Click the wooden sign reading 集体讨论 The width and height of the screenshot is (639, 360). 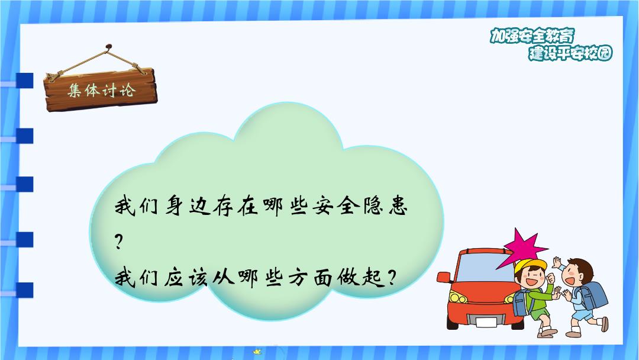(101, 89)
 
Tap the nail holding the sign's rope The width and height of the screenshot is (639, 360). (108, 47)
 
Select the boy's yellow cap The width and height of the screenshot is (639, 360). (530, 265)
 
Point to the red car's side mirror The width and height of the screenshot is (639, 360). (443, 277)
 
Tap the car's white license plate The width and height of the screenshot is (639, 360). (486, 322)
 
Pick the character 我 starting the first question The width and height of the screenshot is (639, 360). (124, 206)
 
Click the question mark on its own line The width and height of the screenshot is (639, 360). (118, 242)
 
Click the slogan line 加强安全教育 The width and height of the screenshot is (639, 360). (532, 36)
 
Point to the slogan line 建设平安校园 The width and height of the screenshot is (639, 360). (570, 53)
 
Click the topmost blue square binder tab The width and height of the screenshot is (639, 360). (25, 81)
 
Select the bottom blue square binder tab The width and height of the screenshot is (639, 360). (25, 290)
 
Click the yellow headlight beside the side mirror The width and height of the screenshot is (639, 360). (457, 298)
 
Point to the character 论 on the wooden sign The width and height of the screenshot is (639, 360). (127, 89)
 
